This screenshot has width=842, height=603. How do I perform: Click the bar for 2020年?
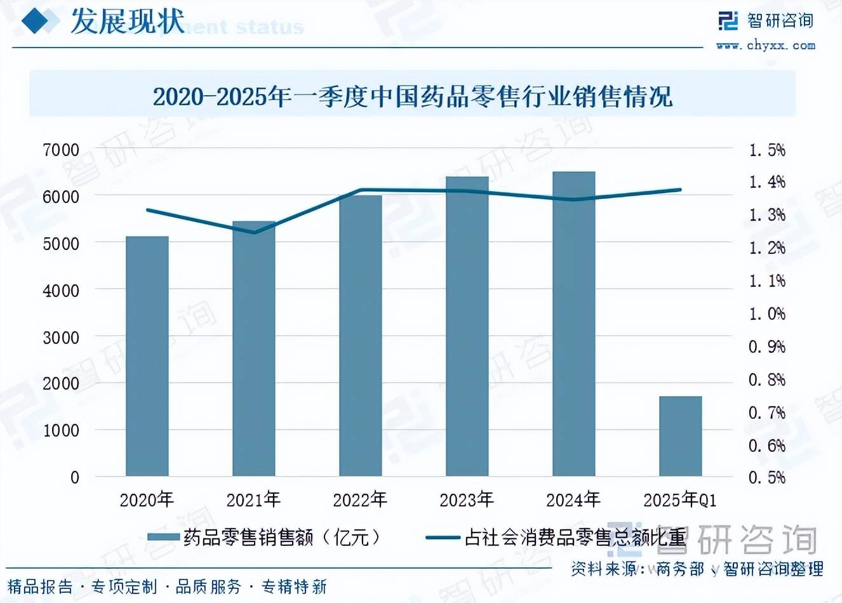point(147,355)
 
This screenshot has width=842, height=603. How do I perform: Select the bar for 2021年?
point(253,349)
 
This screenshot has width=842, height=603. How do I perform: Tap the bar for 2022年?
point(360,336)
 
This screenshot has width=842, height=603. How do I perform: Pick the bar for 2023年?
point(467,327)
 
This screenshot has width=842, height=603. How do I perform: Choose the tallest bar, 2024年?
point(573,324)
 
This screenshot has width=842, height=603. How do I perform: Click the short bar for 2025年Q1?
point(680,436)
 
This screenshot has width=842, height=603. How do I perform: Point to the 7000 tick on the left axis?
point(61,150)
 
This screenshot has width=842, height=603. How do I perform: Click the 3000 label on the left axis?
point(61,337)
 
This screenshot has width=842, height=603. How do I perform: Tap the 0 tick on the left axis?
point(74,477)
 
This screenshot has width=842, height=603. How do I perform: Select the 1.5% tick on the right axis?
point(767,150)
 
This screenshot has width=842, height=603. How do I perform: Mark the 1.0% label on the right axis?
point(767,314)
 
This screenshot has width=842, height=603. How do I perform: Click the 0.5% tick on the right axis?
point(767,477)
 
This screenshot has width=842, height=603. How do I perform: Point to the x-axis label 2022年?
point(360,500)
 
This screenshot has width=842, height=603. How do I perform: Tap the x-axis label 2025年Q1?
point(680,500)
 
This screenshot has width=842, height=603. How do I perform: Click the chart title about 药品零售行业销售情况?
point(412,96)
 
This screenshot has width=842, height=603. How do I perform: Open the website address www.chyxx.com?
point(765,45)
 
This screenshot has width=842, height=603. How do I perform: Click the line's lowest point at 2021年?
point(253,232)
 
